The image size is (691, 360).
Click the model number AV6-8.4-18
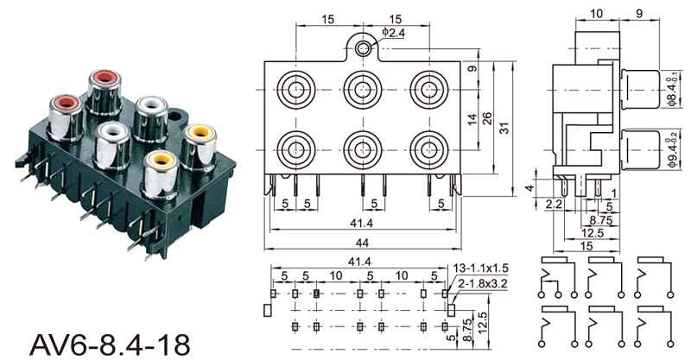pos(110,344)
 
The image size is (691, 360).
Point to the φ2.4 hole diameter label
pos(393,32)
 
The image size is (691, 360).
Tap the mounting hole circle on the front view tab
pos(363,48)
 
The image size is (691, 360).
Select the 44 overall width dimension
pos(362,243)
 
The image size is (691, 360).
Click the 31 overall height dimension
pos(505,128)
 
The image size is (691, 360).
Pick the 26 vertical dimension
pos(487,119)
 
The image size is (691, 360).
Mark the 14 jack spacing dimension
pos(472,119)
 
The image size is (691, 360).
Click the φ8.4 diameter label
pos(672,91)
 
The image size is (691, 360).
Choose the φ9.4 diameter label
pos(672,151)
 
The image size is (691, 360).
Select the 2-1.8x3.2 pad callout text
pos(482,284)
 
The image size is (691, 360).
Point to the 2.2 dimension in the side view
pos(554,204)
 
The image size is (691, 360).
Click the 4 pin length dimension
pos(531,187)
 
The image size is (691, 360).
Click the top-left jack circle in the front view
pos(296,90)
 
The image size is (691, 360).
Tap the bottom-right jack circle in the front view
pos(428,150)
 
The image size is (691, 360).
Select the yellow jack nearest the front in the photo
pos(161,174)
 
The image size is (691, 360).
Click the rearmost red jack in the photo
pos(105,92)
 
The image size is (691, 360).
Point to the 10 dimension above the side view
pos(596,14)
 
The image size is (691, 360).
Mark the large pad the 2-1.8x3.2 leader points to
pos(451,310)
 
